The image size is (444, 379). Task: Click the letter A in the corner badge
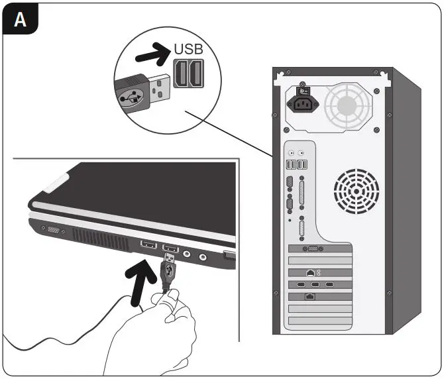21,20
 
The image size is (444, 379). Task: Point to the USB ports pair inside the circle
189,73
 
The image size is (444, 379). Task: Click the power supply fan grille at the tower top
349,103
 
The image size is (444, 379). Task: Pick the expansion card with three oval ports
316,285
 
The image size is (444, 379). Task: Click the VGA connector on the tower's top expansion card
311,249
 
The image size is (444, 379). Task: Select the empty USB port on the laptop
148,246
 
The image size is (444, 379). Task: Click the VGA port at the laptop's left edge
52,229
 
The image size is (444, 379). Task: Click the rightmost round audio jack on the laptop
203,256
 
